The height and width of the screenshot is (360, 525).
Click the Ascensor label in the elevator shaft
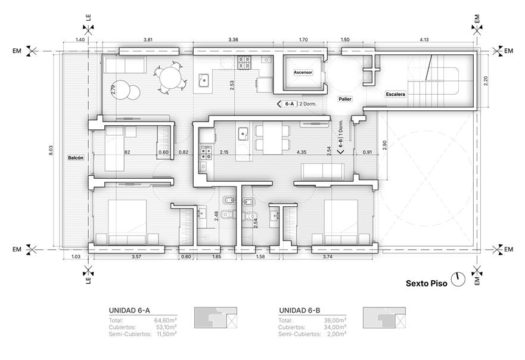pyautogui.click(x=303, y=72)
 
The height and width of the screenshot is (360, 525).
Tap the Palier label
pyautogui.click(x=345, y=99)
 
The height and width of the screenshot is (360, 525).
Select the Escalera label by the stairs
pyautogui.click(x=396, y=94)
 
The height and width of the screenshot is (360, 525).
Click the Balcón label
pyautogui.click(x=76, y=158)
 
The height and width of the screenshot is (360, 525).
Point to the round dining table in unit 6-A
pyautogui.click(x=171, y=77)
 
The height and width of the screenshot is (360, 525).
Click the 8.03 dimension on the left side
pyautogui.click(x=51, y=150)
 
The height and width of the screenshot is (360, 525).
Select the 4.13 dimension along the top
pyautogui.click(x=424, y=39)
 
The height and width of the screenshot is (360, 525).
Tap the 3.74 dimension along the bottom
pyautogui.click(x=328, y=256)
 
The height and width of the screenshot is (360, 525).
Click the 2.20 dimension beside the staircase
pyautogui.click(x=486, y=80)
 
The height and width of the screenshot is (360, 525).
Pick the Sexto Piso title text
pyautogui.click(x=426, y=283)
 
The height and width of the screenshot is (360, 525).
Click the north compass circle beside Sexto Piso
pyautogui.click(x=458, y=280)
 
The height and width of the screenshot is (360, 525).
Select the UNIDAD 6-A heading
pyautogui.click(x=129, y=311)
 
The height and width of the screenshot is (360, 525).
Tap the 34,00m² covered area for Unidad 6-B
pyautogui.click(x=335, y=327)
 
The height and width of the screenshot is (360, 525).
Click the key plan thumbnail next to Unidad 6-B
pyautogui.click(x=384, y=318)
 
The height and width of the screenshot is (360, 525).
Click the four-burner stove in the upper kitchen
pyautogui.click(x=244, y=63)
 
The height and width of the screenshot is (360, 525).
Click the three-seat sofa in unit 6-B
pyautogui.click(x=322, y=172)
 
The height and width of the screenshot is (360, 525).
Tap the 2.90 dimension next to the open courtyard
pyautogui.click(x=384, y=145)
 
